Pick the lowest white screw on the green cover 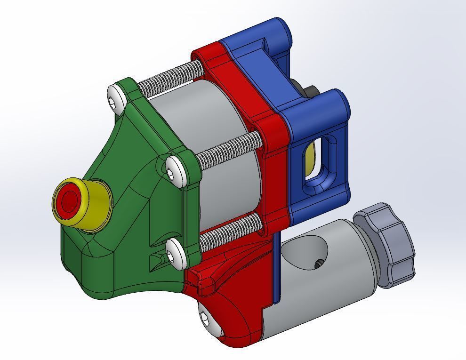(x=175, y=253)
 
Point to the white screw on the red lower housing (x=207, y=318)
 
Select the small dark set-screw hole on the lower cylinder (x=319, y=265)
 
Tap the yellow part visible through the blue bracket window (x=309, y=158)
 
